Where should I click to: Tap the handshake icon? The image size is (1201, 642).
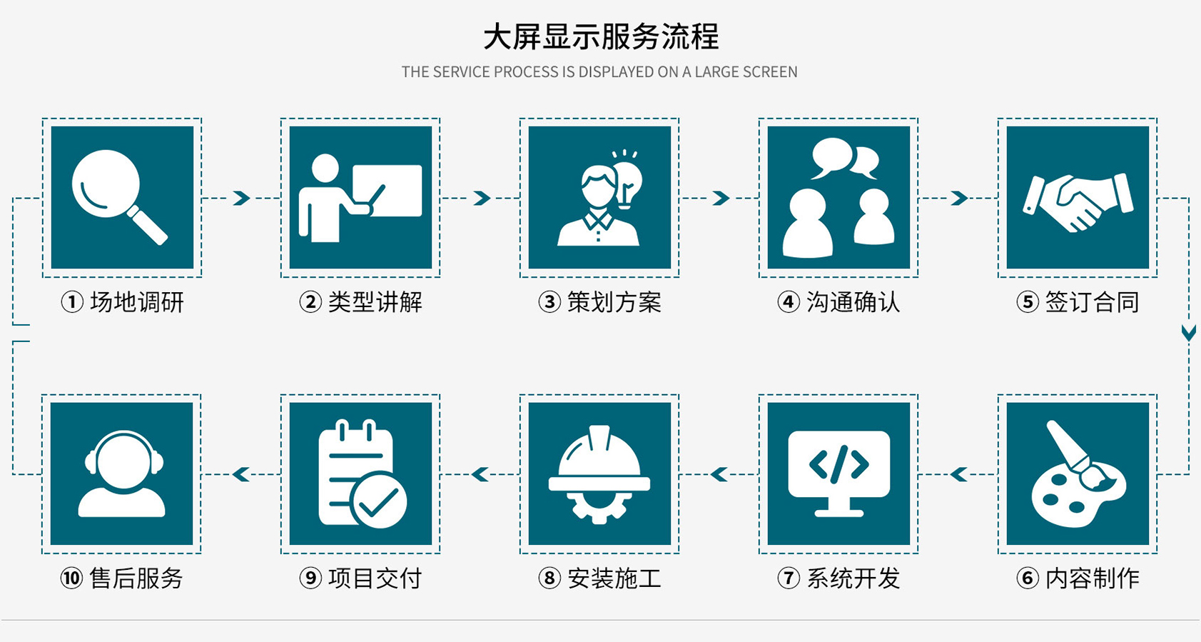pos(1077,201)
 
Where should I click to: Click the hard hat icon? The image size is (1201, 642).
pos(599,471)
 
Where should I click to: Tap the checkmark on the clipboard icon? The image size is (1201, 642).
pos(378,501)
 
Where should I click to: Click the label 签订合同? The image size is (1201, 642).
pos(1092,302)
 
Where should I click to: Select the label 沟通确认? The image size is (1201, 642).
pos(853,302)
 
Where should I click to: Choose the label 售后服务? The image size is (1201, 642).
pos(136,578)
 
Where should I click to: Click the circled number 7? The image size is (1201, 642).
pos(788,578)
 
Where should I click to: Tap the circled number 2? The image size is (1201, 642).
pos(310,302)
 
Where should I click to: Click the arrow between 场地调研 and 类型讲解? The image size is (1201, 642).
pos(242,198)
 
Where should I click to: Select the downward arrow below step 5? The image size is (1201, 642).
pos(1188,333)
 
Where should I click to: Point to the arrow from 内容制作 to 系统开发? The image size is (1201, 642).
pos(958,474)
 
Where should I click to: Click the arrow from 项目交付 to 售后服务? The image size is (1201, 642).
pos(241,474)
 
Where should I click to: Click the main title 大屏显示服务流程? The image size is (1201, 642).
pos(600,37)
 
